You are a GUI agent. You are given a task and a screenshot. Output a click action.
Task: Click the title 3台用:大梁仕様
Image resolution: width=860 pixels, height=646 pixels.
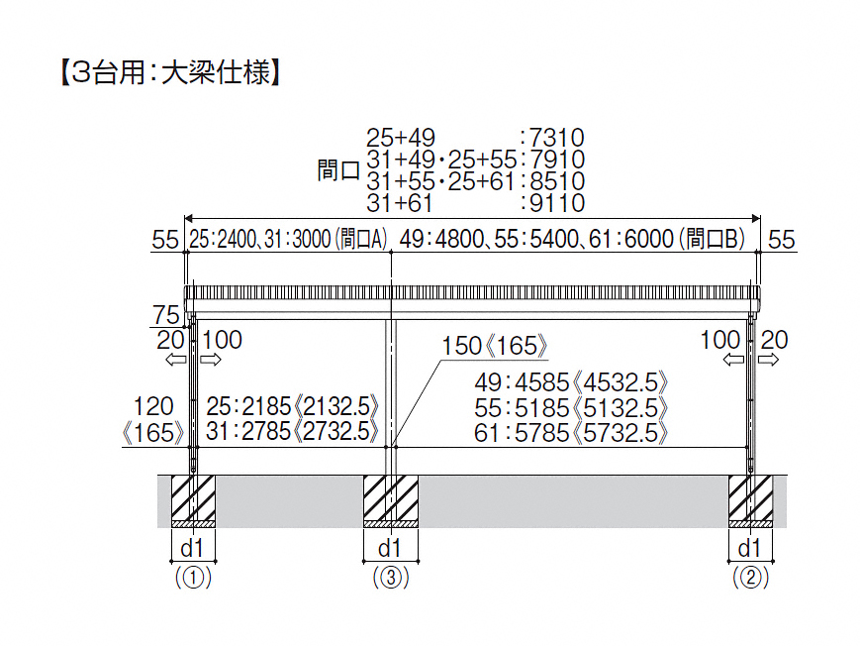point(170,72)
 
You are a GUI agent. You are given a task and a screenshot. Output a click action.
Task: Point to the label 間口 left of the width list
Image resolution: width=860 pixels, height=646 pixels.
point(338,170)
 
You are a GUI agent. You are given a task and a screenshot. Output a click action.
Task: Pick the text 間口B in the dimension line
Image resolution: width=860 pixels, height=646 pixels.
point(715,240)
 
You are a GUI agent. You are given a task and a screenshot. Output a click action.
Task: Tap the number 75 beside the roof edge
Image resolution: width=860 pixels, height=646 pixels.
point(166,315)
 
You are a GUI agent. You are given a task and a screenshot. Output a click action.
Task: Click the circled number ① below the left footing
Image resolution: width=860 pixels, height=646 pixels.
point(193,578)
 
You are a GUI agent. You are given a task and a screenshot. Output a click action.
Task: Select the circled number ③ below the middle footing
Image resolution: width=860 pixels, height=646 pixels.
point(391,578)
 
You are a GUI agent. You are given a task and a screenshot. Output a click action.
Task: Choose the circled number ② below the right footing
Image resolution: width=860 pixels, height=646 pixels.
point(750,578)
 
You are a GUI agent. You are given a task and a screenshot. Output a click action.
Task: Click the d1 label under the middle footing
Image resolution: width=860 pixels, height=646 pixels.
point(390,548)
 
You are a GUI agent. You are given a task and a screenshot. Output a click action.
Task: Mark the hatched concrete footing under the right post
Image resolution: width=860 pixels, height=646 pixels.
point(750,497)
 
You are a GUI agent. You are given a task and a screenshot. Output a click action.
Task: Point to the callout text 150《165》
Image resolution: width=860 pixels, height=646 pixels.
point(494,346)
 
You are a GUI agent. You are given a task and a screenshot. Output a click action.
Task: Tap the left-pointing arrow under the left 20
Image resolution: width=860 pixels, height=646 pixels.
point(176,360)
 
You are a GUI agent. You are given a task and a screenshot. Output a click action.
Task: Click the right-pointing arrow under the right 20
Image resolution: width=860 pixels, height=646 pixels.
point(768,360)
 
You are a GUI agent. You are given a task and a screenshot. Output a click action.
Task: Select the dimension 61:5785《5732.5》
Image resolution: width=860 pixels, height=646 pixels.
point(571,433)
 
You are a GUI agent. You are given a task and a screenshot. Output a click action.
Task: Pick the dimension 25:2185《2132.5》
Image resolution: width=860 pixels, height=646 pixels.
point(292,406)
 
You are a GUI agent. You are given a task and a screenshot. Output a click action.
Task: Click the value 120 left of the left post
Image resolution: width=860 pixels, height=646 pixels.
point(153,407)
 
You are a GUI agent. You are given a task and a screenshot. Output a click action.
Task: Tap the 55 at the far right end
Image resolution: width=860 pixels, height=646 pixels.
point(782,240)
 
